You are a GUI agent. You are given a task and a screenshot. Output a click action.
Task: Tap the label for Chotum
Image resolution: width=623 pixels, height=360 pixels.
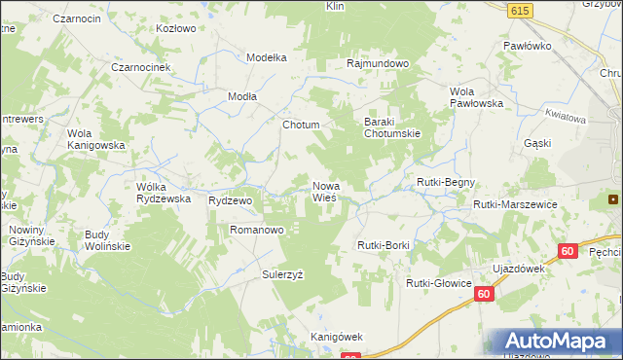click(x=300, y=126)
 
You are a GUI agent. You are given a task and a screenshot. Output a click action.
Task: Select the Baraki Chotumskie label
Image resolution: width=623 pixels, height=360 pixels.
click(x=391, y=127)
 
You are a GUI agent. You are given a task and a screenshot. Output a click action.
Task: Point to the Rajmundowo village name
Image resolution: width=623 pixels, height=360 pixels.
click(x=378, y=63)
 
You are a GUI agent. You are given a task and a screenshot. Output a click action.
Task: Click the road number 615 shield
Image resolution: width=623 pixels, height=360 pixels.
click(x=518, y=9)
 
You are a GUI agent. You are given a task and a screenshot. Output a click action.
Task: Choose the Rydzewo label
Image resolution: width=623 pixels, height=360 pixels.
click(x=231, y=199)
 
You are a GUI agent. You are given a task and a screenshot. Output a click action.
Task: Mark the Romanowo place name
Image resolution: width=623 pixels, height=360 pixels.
click(x=256, y=231)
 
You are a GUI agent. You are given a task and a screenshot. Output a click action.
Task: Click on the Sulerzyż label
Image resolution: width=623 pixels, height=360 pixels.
click(x=282, y=275)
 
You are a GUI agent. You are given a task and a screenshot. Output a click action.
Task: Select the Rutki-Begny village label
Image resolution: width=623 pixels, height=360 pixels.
click(x=446, y=182)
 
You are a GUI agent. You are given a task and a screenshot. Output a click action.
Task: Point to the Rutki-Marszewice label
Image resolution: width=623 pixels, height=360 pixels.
click(x=514, y=204)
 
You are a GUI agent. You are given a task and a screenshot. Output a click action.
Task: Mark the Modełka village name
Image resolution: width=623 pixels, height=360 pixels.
click(x=267, y=57)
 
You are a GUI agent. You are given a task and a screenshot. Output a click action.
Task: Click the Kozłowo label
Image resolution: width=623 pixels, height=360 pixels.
click(x=177, y=28)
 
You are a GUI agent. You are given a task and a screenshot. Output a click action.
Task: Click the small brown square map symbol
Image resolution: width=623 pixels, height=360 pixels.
click(x=613, y=199)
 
